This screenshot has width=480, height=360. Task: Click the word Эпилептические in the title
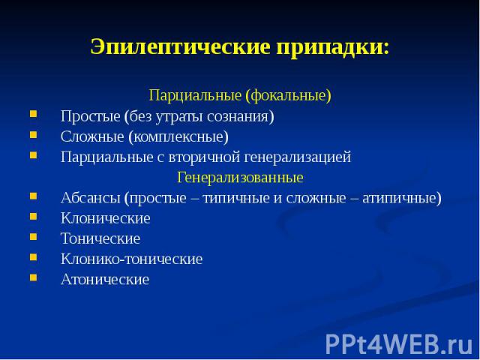click(x=180, y=47)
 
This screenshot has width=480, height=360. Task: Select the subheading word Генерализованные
click(x=240, y=178)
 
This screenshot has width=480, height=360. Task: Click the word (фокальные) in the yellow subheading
click(x=288, y=95)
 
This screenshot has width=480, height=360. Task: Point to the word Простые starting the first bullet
click(x=90, y=117)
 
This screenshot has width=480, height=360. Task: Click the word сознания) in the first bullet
click(x=240, y=116)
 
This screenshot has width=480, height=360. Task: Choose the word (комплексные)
click(x=178, y=136)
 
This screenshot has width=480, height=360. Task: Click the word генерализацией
click(x=298, y=157)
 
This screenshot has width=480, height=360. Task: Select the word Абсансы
click(x=90, y=198)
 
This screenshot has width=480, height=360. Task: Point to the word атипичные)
click(x=402, y=198)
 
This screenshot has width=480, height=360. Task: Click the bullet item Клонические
click(x=106, y=218)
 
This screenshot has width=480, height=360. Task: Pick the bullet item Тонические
click(x=100, y=238)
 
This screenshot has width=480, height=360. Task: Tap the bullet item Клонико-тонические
click(x=132, y=259)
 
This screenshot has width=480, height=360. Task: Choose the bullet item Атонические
click(x=105, y=280)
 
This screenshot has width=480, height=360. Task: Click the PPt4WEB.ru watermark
click(x=399, y=344)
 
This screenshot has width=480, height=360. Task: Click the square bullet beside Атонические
click(x=33, y=277)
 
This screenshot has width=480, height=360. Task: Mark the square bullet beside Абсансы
click(x=33, y=196)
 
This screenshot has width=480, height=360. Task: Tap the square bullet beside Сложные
click(x=33, y=135)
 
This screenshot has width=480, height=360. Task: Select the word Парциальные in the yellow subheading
click(x=195, y=95)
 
